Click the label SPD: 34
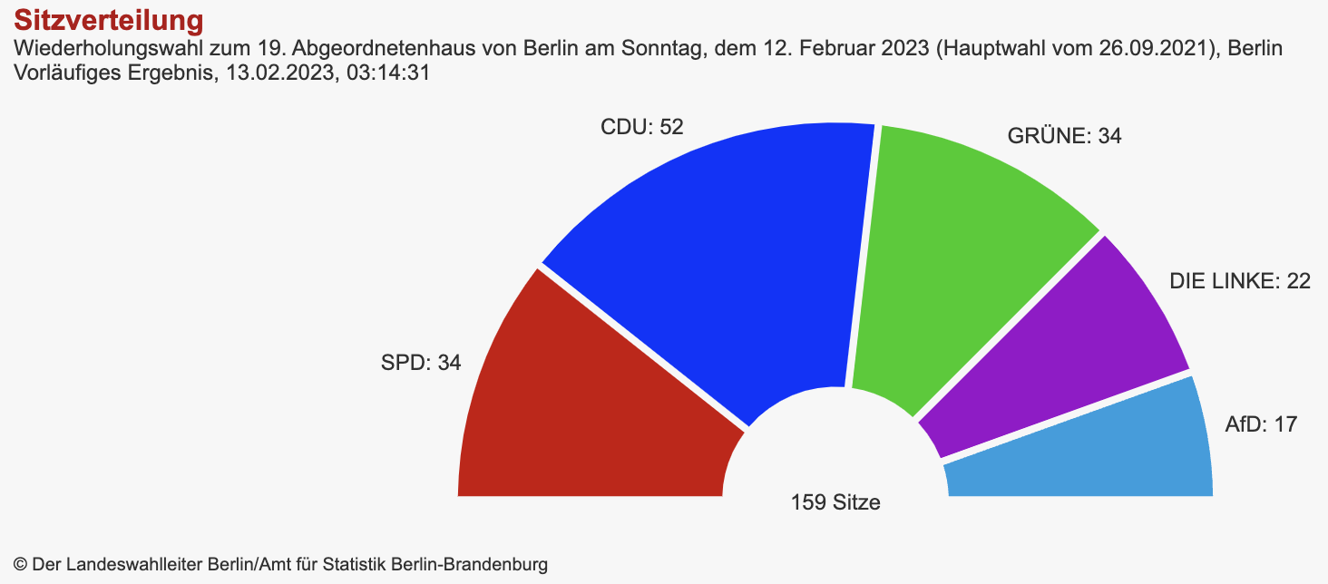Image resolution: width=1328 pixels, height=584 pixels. (x=421, y=364)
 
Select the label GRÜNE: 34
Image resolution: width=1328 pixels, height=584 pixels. (x=1065, y=137)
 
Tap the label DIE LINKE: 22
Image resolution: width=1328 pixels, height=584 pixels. (x=1240, y=282)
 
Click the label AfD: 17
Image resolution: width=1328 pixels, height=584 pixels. (x=1261, y=423)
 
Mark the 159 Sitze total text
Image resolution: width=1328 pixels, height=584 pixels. (x=835, y=501)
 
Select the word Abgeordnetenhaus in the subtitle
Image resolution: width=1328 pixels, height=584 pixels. (x=394, y=48)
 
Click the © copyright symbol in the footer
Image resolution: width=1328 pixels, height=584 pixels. (x=21, y=564)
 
